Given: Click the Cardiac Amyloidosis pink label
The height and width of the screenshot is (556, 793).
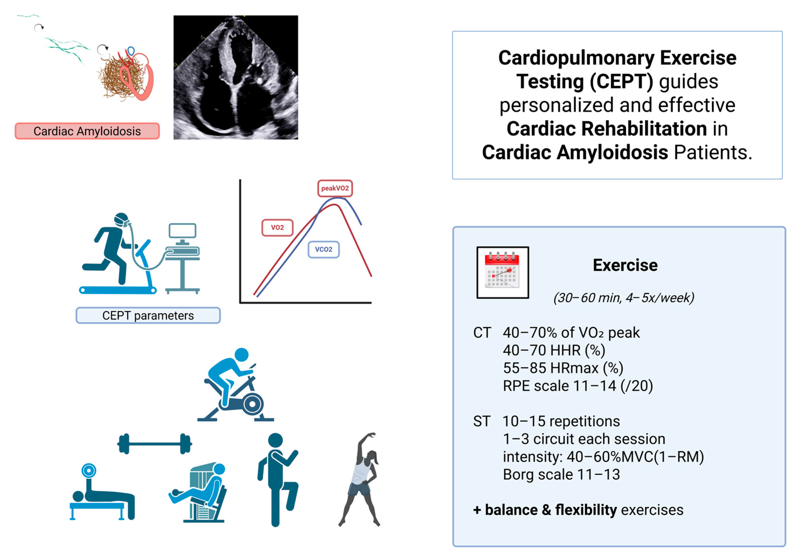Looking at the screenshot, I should pos(87,131).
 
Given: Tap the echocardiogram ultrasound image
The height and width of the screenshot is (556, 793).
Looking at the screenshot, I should pos(236,77).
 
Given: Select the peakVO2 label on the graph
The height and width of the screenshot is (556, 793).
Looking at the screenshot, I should pos(335,188).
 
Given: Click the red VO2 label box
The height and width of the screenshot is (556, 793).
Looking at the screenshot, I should pos(277,228).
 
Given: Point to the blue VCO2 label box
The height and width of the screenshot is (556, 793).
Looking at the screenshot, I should pos(323,249).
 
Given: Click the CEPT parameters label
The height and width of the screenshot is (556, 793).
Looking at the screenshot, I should pos(148,315).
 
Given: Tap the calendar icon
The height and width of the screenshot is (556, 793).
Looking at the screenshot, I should pos(502,272).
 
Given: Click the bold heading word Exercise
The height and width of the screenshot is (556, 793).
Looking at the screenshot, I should pos(625,265).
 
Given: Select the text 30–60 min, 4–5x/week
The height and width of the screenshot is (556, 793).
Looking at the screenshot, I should pos(624,298).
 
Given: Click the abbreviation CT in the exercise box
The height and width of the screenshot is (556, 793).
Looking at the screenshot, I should pos(482,333).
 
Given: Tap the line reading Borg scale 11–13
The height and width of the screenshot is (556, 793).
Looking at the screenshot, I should pos(561,474).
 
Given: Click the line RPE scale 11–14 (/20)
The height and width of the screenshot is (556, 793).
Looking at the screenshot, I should pos(578,386).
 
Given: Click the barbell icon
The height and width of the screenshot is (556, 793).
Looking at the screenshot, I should pos(155,444).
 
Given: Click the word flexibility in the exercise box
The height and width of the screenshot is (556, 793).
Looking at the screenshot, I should pos(586,510).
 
